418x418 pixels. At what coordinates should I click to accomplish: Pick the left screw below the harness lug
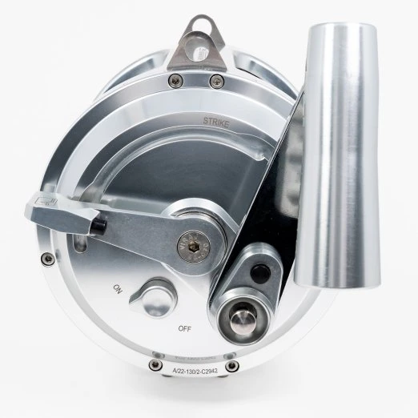tap(171, 78)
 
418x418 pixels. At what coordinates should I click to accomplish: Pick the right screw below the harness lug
tap(214, 79)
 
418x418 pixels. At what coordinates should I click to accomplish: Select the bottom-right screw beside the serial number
tap(232, 367)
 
